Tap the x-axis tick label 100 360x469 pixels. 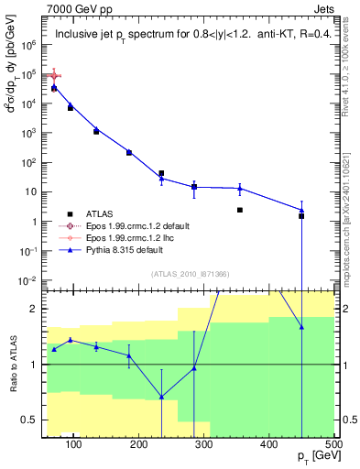(x=75, y=445)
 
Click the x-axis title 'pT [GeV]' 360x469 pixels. (x=316, y=458)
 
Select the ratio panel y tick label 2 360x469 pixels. (x=36, y=309)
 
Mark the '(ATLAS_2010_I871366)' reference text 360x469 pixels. (x=190, y=274)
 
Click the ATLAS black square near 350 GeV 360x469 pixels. (x=239, y=210)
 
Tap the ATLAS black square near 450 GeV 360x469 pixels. (x=301, y=216)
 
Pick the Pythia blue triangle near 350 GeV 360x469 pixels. (x=239, y=189)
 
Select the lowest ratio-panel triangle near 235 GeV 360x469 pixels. (x=161, y=397)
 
